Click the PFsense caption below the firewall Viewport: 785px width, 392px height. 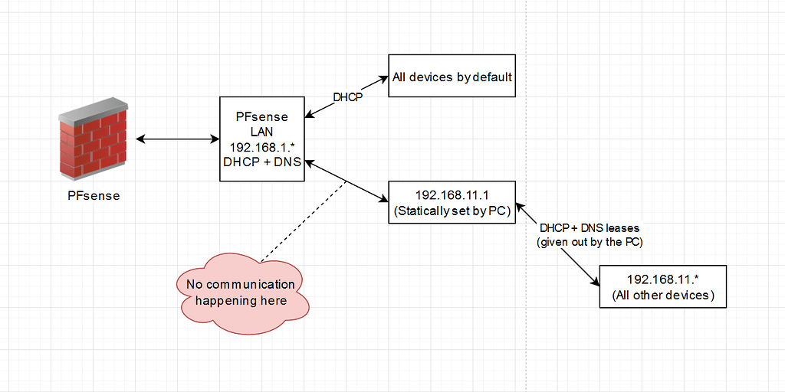(94, 195)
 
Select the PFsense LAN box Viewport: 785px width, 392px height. (261, 139)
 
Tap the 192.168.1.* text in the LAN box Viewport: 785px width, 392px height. (261, 145)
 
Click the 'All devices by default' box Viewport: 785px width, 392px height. (452, 77)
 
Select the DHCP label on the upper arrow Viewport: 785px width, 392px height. (347, 97)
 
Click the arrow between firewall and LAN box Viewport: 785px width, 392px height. (177, 139)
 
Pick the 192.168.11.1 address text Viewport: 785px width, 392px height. (452, 195)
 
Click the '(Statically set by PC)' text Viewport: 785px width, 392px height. (452, 211)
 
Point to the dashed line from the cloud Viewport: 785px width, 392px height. (303, 219)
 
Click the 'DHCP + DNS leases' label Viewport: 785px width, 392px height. (590, 228)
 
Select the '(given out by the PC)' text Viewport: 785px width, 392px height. (590, 242)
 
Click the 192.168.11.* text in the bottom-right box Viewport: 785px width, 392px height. (662, 279)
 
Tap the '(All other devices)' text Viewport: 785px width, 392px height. (662, 295)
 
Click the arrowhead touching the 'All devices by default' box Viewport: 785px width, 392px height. (383, 78)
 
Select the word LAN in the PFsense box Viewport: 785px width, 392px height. (261, 132)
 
